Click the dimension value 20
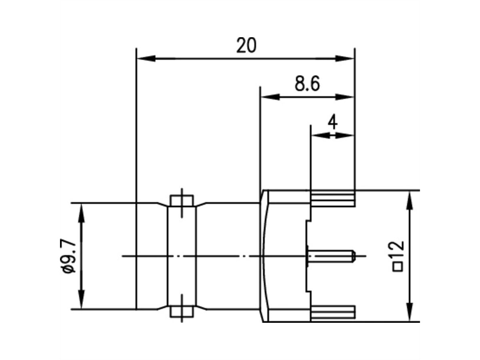246,46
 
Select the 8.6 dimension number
307,84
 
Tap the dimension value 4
332,122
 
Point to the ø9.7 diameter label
68,256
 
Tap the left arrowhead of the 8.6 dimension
269,97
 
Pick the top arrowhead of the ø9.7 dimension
82,210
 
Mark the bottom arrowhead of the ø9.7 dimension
82,302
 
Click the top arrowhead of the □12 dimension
410,198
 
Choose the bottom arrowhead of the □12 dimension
410,314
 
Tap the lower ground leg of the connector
333,312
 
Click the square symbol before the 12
398,268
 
